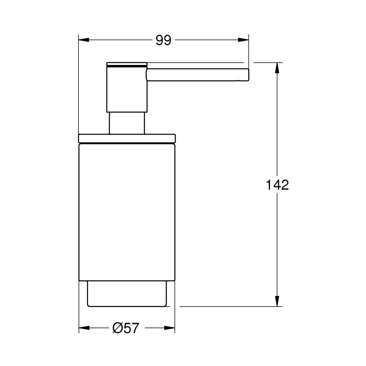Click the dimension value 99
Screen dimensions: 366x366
(163, 40)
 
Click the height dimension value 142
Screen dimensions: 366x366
(277, 185)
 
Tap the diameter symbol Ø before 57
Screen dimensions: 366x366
(117, 328)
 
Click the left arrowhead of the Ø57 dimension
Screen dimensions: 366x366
(83, 328)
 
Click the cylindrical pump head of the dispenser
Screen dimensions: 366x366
(127, 89)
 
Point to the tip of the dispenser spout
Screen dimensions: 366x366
(247, 76)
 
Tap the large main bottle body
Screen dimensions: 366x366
(127, 210)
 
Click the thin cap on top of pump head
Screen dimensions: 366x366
(127, 64)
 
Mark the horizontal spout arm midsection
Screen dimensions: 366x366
(197, 76)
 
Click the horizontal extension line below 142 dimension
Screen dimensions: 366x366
(229, 306)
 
